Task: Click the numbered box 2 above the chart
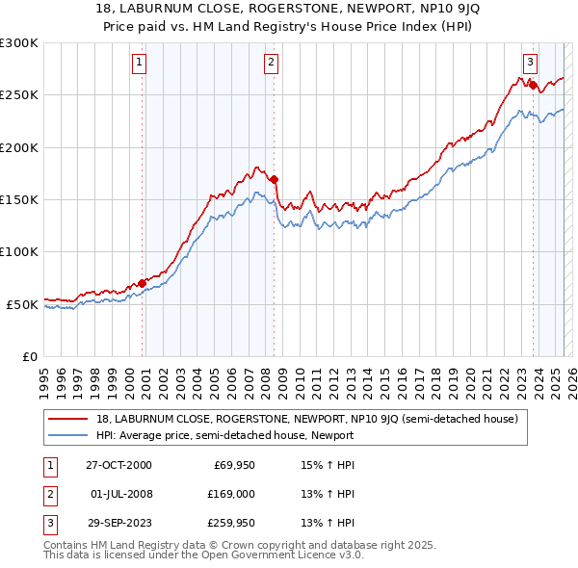272,63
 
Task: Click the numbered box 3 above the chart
530,63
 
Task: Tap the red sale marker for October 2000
143,283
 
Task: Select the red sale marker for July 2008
275,179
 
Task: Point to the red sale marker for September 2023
533,85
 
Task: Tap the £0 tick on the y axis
30,356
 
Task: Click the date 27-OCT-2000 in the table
118,465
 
